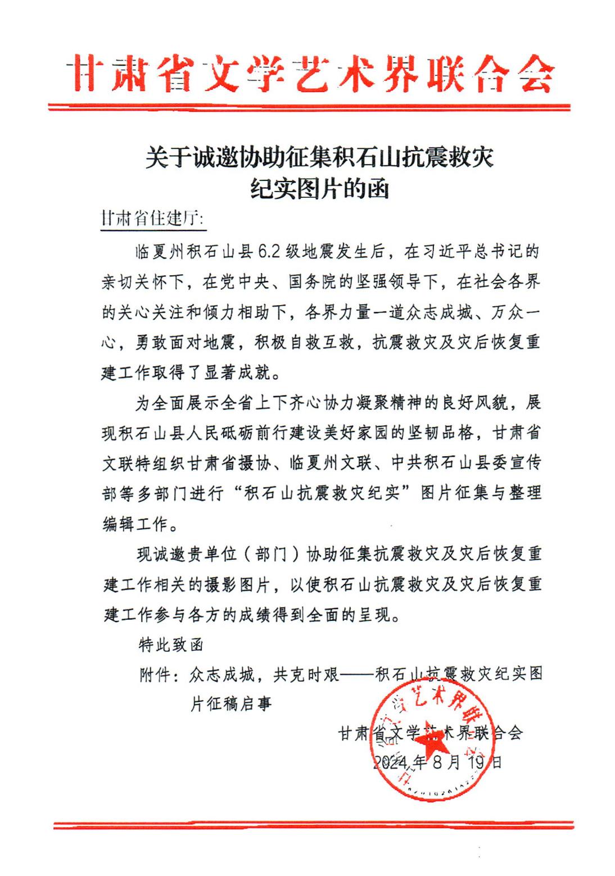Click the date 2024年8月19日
[x=437, y=762]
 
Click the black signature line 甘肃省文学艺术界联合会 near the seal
[x=430, y=733]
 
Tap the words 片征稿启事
[x=231, y=703]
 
